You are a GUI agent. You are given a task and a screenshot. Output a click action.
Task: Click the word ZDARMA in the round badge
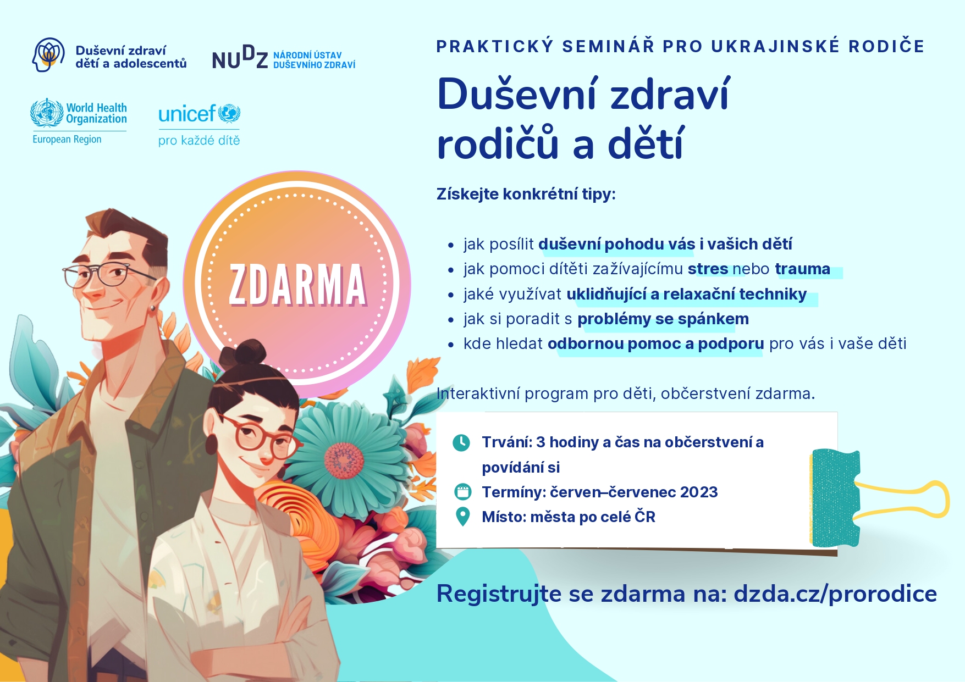[x=297, y=284]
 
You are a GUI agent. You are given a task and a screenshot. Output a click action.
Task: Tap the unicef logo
[x=199, y=114]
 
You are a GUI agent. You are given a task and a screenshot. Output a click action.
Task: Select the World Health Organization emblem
[x=47, y=113]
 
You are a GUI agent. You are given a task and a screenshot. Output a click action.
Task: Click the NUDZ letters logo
[x=240, y=58]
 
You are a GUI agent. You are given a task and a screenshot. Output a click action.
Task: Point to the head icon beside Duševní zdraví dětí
[x=48, y=54]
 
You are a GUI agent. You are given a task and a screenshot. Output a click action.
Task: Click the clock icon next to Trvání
[x=461, y=442]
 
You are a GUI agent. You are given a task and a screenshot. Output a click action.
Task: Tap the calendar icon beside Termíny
[x=463, y=491]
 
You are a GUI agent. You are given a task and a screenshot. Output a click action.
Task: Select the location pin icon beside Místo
[x=463, y=517]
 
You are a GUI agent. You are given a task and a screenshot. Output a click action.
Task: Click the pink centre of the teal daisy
[x=344, y=460]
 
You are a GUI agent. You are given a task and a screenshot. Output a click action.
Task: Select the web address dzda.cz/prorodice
[x=835, y=594]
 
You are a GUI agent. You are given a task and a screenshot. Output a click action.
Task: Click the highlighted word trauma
[x=802, y=269]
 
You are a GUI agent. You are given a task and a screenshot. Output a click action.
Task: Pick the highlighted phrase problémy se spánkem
[x=663, y=319]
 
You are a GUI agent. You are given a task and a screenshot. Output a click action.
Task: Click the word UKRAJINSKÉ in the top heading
[x=775, y=46]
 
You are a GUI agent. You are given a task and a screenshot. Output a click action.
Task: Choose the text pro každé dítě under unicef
[x=199, y=140]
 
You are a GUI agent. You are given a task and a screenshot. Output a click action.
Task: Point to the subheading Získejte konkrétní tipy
[x=526, y=194]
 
